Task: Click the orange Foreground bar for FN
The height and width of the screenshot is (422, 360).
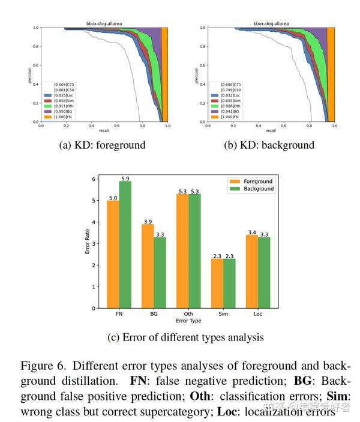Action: click(x=113, y=255)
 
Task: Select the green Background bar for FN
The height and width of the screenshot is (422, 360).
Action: click(x=125, y=245)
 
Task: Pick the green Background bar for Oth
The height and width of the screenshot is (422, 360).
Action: click(x=195, y=251)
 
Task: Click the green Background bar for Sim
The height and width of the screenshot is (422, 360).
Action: click(x=229, y=284)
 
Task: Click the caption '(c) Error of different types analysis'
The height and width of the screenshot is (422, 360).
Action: click(x=185, y=337)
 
